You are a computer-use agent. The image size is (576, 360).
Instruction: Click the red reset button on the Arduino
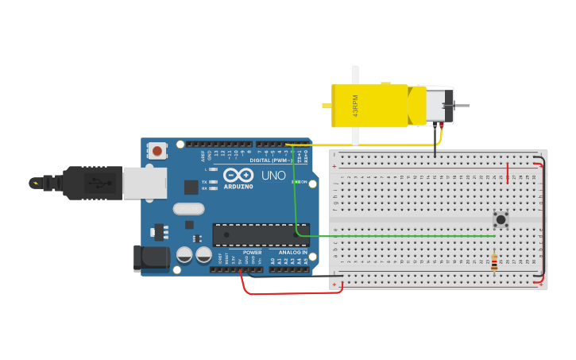tap(157, 150)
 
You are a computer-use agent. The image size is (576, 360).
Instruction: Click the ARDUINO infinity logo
tap(238, 176)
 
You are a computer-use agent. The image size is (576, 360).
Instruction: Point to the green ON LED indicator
tap(295, 182)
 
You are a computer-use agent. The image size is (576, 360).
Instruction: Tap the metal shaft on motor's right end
tap(462, 106)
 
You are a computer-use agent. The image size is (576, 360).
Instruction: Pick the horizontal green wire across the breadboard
tap(397, 236)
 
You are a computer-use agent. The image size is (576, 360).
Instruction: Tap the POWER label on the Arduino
tap(252, 253)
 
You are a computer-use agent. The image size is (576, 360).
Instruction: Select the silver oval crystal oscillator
tap(187, 210)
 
